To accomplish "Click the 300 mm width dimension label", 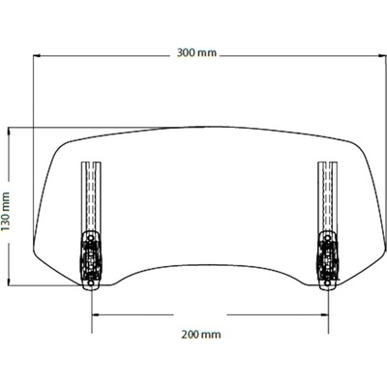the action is [196, 52].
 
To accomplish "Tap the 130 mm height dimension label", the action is [6, 211].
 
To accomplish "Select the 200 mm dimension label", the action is [201, 334].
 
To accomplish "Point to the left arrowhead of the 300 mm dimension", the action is [36, 56].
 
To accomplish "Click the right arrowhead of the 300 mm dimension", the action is [383, 56].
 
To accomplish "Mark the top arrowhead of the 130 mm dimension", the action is [9, 131].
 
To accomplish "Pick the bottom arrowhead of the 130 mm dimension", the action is [9, 283].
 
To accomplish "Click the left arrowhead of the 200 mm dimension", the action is [95, 314].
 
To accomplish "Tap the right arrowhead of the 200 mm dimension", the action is [325, 314].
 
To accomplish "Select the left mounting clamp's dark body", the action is [91, 260].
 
